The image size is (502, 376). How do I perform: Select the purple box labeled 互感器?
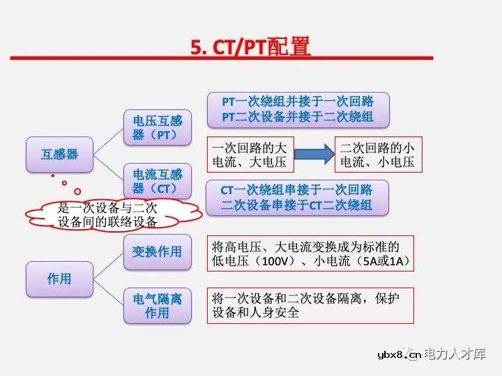59,154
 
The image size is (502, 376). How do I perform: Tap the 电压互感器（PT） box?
158,127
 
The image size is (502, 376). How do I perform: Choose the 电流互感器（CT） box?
158,181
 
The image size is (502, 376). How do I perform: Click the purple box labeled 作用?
59,279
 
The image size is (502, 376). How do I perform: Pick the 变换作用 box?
158,251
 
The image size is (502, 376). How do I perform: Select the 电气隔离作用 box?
158,306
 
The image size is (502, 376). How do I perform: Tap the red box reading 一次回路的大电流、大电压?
250,155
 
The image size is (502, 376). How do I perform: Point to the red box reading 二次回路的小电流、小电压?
377,155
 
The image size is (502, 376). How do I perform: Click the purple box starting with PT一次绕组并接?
298,109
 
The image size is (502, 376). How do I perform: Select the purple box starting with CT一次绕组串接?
298,197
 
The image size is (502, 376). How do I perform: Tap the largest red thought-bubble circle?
77,190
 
